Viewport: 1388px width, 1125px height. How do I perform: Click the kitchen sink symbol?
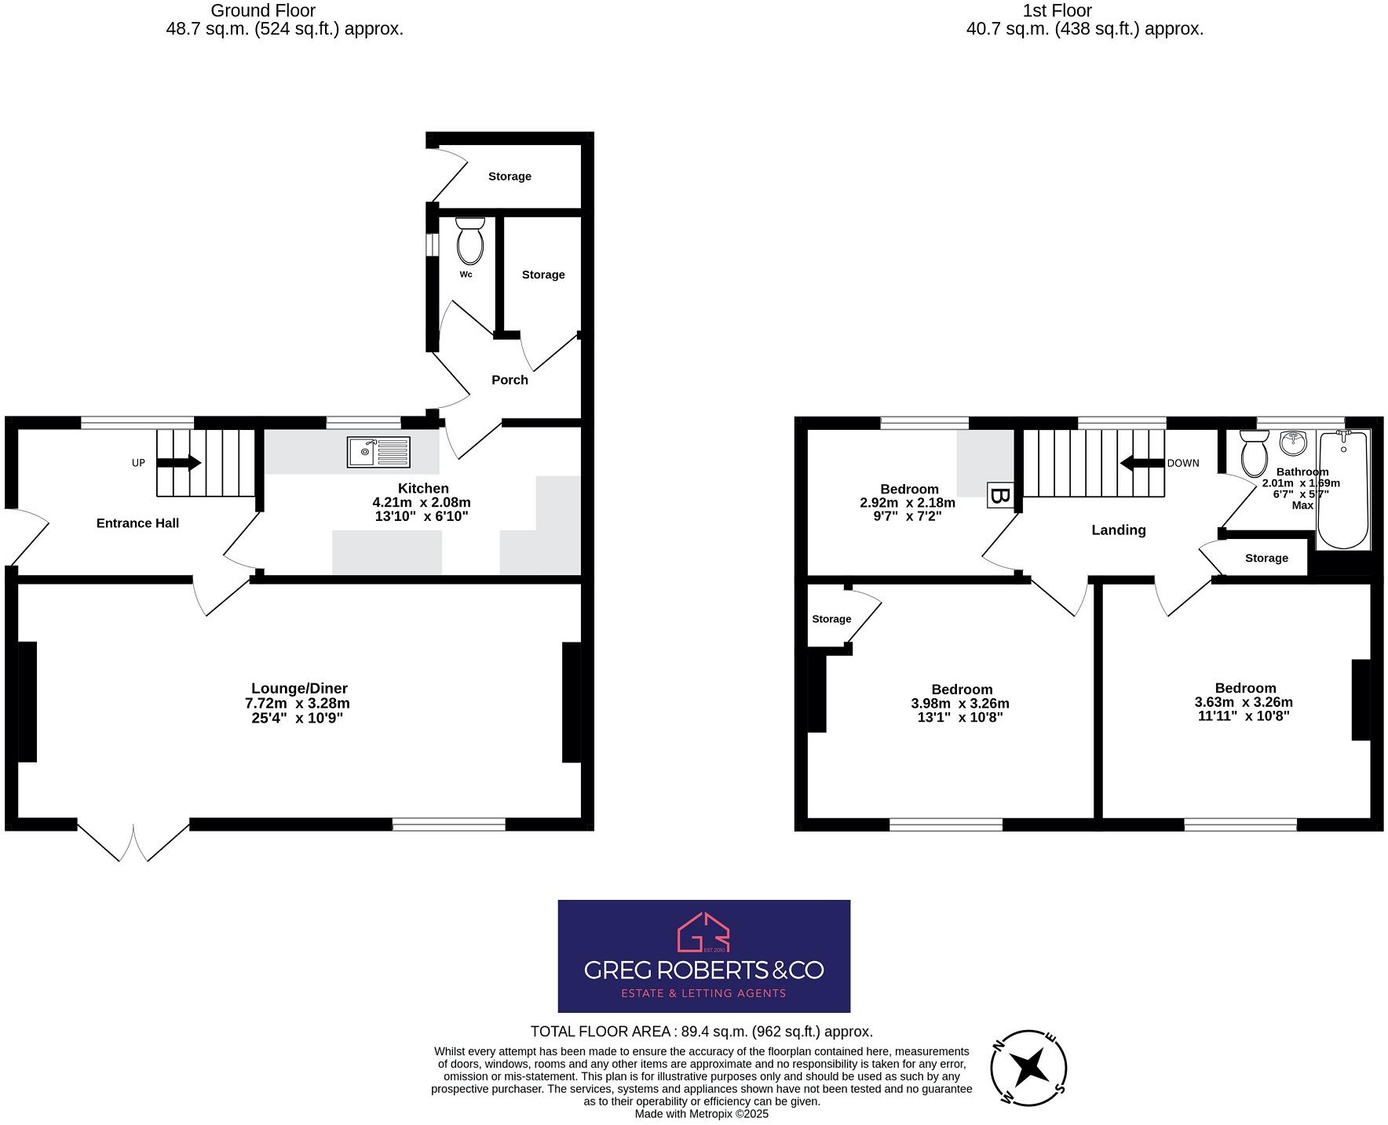[x=378, y=452]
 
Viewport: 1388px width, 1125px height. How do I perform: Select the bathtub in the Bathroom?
[x=1342, y=490]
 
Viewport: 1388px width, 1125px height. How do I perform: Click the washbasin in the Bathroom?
[x=1292, y=443]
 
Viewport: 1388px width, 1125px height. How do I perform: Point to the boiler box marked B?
[x=999, y=496]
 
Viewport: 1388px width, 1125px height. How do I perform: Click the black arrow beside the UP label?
[x=179, y=463]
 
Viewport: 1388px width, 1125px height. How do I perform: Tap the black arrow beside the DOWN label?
[x=1141, y=463]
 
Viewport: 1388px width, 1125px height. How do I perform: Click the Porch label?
[x=510, y=380]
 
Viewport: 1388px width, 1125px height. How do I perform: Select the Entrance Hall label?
[x=137, y=523]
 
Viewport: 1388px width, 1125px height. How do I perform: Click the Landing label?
[x=1118, y=530]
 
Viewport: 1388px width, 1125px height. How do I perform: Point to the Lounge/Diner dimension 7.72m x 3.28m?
[x=298, y=704]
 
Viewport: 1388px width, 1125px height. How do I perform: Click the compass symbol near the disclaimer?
[x=1028, y=1067]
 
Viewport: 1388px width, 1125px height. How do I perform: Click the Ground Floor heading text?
[x=263, y=11]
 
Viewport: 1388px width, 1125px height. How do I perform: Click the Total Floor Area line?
[x=701, y=1032]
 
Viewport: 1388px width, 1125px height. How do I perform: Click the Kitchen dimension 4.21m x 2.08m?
[x=422, y=502]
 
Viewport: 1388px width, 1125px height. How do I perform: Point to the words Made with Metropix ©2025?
[x=701, y=1114]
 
